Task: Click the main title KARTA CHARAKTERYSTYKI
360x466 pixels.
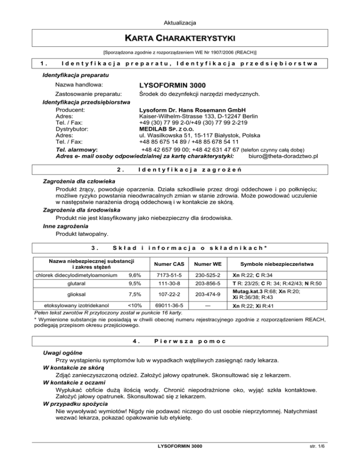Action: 180,37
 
